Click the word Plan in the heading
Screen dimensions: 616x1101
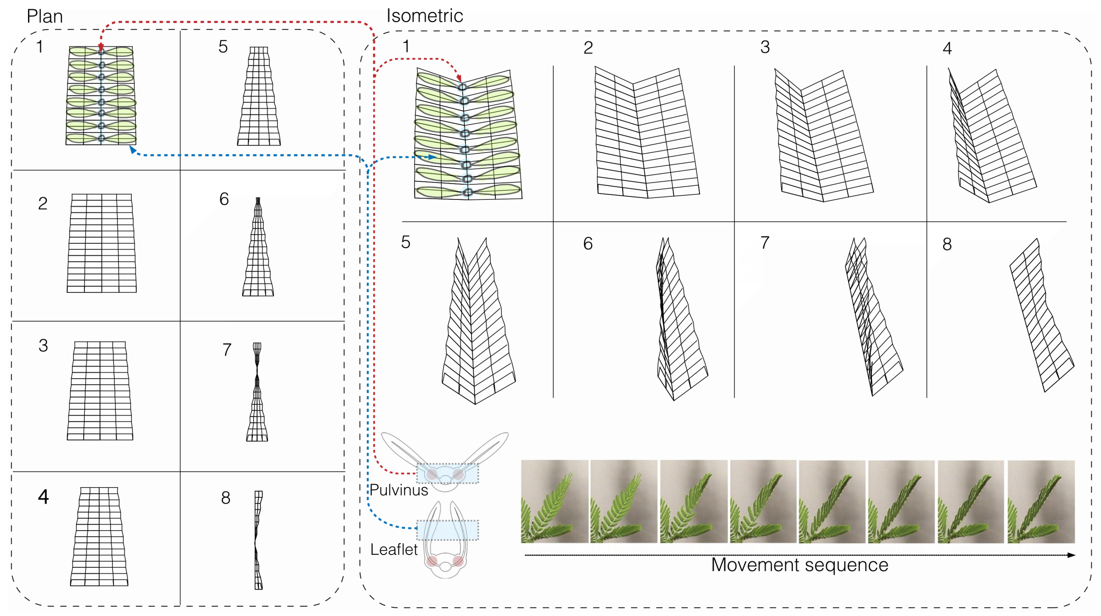(44, 16)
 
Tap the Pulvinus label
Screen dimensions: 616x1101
(398, 490)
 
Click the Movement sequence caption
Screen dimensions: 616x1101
(799, 565)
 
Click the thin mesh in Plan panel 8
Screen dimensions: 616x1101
(258, 540)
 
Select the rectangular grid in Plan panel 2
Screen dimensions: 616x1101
(102, 244)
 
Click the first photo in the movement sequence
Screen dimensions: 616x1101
(554, 502)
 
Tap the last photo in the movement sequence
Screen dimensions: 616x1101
(1041, 502)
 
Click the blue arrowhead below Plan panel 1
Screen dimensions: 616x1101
(133, 149)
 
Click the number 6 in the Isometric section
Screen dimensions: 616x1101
(588, 244)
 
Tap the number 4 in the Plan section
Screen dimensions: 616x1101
(43, 497)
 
